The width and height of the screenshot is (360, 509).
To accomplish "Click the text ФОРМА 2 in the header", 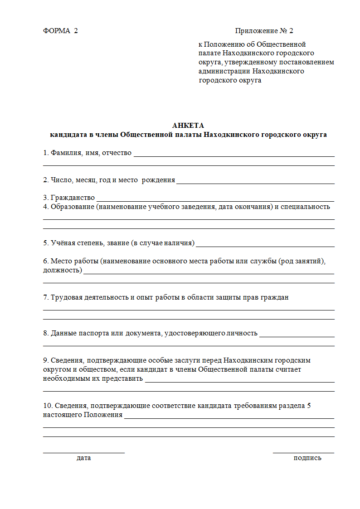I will pos(60,31).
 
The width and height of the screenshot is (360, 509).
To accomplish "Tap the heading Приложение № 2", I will pos(264,31).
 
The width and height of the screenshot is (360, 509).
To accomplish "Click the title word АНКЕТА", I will pos(188,126).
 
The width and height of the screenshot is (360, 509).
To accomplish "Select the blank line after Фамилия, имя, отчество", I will pos(234,155).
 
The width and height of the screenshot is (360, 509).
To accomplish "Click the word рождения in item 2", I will pos(158,180).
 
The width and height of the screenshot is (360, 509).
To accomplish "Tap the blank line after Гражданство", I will pos(215,200).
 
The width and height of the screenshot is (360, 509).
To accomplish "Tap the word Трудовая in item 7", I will pos(66,297).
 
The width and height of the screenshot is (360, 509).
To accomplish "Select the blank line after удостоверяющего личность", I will pos(297,336).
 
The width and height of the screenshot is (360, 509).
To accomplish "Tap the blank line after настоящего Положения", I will pos(229,418).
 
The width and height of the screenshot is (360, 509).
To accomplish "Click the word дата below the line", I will pos(84,458).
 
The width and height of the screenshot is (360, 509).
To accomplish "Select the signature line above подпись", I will pos(303,452).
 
